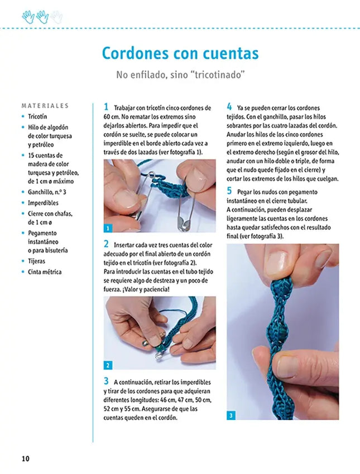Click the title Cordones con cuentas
180,53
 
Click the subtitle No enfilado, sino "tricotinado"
180,74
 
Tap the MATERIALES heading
45,105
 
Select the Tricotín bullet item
37,117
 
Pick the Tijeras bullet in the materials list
37,261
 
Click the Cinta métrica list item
45,272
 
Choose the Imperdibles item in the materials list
43,202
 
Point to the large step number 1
106,107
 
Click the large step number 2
106,244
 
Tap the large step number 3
106,381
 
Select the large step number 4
229,107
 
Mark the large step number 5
229,190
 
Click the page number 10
25,458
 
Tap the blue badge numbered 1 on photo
108,228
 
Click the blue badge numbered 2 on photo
108,365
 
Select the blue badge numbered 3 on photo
232,415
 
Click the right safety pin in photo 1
184,215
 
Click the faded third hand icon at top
56,17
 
